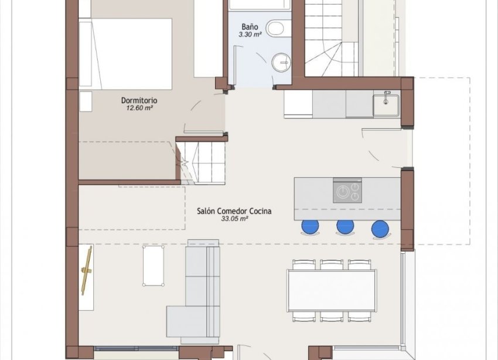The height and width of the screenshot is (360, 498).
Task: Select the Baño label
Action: coord(249,27)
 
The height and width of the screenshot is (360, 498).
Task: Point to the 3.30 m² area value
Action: coord(249,35)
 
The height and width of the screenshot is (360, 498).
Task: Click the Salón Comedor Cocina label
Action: coord(234,211)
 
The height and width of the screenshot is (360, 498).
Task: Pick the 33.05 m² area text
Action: coord(234,219)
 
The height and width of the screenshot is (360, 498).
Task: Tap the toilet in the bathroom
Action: coord(274,28)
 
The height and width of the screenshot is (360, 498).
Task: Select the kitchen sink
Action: coord(386,105)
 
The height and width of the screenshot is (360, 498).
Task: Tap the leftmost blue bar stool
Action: coord(310,227)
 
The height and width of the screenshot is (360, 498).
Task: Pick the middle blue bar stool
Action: coord(344,227)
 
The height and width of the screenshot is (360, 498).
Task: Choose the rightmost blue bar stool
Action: coord(380,227)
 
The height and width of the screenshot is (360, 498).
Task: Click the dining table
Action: coord(331,291)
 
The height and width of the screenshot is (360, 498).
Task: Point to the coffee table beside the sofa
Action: coord(153,265)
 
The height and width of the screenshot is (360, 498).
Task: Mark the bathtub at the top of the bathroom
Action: coord(260,5)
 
